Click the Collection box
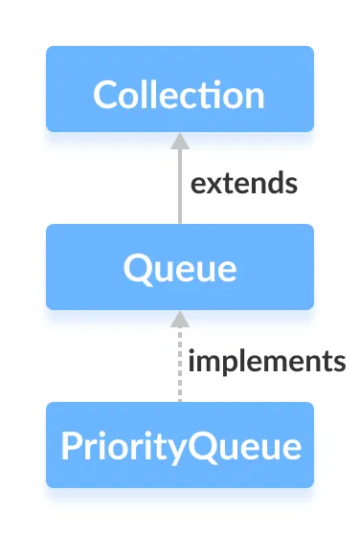point(179,89)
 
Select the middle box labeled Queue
point(179,267)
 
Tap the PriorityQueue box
point(179,445)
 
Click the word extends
point(243,183)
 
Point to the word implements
point(266,362)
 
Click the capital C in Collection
point(105,96)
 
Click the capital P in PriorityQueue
point(69,446)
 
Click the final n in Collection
point(254,97)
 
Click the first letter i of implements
point(192,361)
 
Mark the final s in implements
point(338,363)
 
